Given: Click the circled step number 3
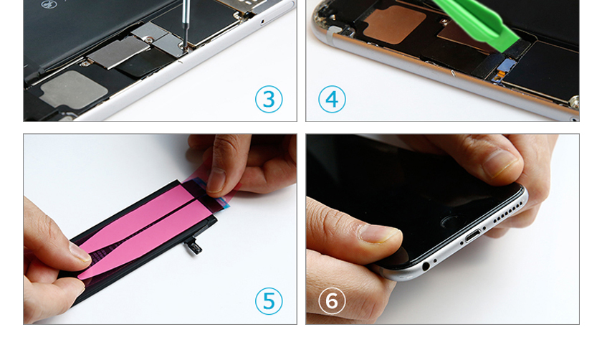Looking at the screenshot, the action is point(269,99).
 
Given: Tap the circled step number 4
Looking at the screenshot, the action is point(332,99).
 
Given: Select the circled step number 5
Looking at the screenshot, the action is point(269,300).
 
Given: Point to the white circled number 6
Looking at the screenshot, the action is point(332,300).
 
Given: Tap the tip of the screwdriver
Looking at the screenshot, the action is point(185,49).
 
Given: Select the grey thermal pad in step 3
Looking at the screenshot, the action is point(73,89).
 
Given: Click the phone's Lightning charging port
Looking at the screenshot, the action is point(473,235).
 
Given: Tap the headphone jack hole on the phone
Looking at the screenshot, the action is point(426,266).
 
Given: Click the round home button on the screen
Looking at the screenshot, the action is point(449,222).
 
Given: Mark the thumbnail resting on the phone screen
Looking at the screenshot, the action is point(378,234).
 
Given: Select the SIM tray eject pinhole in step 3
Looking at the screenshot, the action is point(262,21).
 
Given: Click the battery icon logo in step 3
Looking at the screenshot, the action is point(49,4).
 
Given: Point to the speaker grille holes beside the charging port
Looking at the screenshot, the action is point(507,212).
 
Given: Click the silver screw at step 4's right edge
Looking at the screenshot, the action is point(574,102).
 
